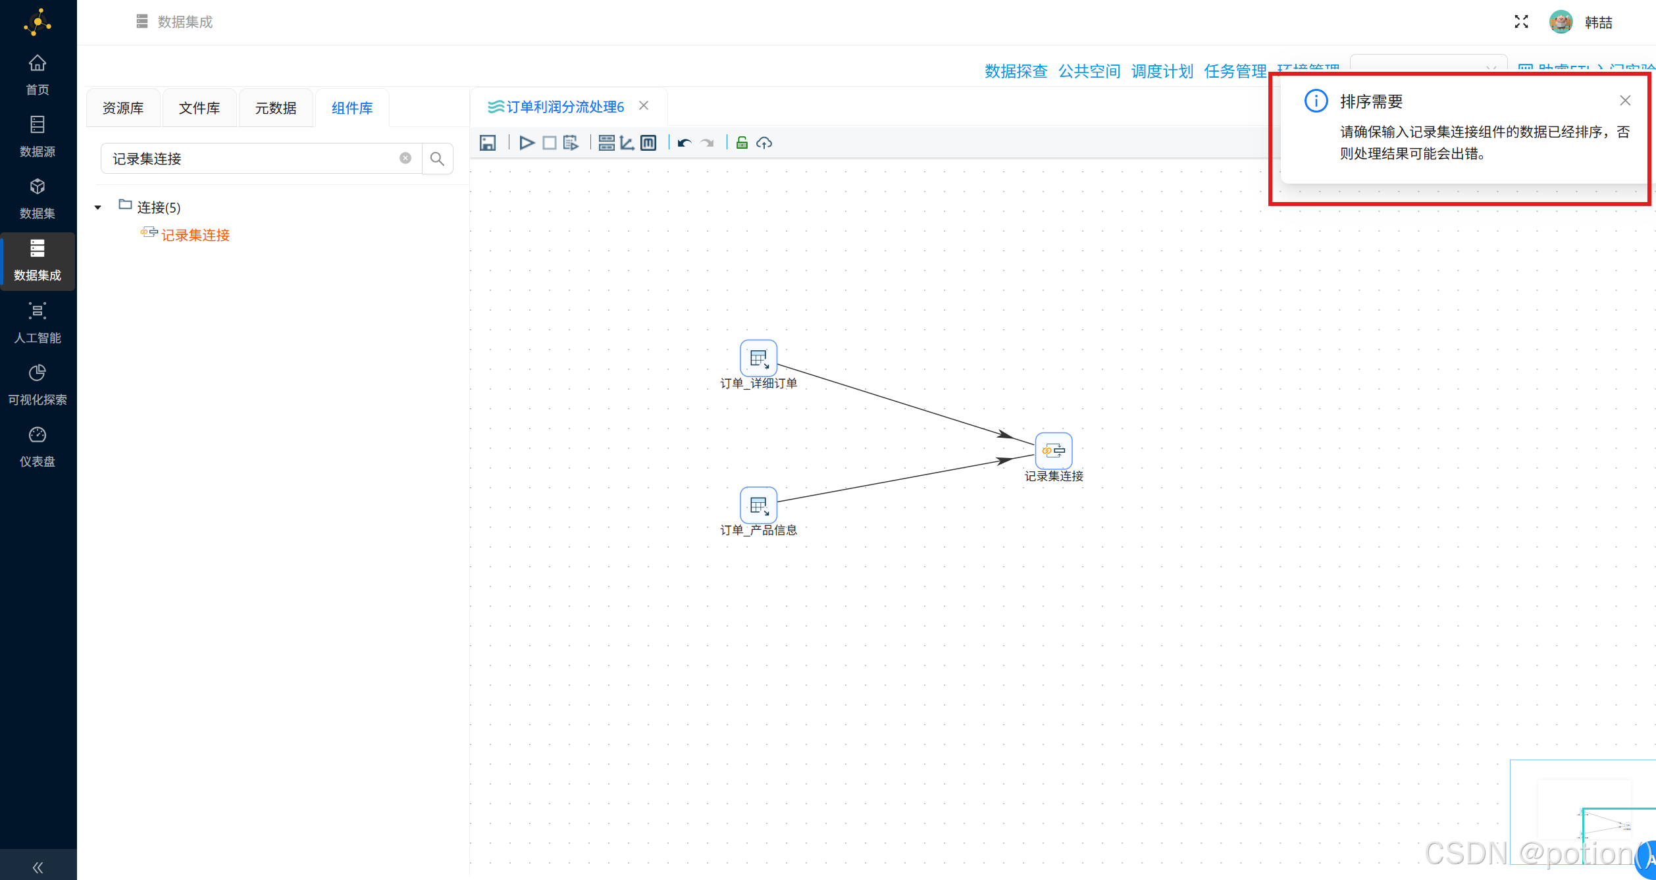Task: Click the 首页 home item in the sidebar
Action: coord(38,74)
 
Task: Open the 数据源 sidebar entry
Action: coord(38,136)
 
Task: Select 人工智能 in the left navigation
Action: coord(38,323)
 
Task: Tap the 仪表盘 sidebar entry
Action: coord(38,446)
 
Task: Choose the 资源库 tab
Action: coord(123,108)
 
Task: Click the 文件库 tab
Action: coord(199,108)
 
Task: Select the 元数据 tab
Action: coord(276,108)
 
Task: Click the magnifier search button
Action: coord(437,159)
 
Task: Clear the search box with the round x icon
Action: coord(405,158)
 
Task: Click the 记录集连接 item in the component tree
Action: coord(195,235)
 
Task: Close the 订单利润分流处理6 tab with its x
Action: coord(644,106)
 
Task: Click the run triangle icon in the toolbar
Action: coord(527,143)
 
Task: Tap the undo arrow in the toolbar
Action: coord(685,143)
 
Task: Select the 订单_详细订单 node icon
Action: coord(758,358)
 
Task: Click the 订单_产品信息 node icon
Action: coord(758,505)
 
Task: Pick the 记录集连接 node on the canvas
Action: coord(1053,451)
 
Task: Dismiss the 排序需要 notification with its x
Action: coord(1625,101)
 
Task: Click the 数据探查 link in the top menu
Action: coord(1016,71)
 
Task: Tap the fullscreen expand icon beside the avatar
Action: coord(1521,22)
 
